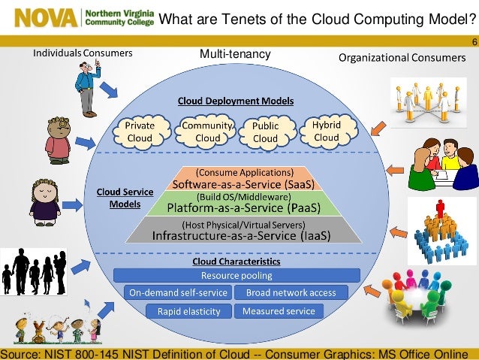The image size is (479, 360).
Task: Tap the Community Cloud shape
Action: (208, 132)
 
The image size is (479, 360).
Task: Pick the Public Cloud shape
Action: (265, 133)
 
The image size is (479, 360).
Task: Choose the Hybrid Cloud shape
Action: (326, 132)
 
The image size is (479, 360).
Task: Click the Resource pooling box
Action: (236, 276)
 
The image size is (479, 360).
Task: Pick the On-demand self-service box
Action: (177, 292)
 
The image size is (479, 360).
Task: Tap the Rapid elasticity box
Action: (188, 310)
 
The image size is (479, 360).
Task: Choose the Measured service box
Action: (279, 310)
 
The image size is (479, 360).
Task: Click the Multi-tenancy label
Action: (235, 55)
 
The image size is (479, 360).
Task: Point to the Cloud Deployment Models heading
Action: (235, 100)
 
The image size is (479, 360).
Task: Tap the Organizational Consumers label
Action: (402, 57)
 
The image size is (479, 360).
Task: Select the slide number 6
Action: (474, 42)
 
